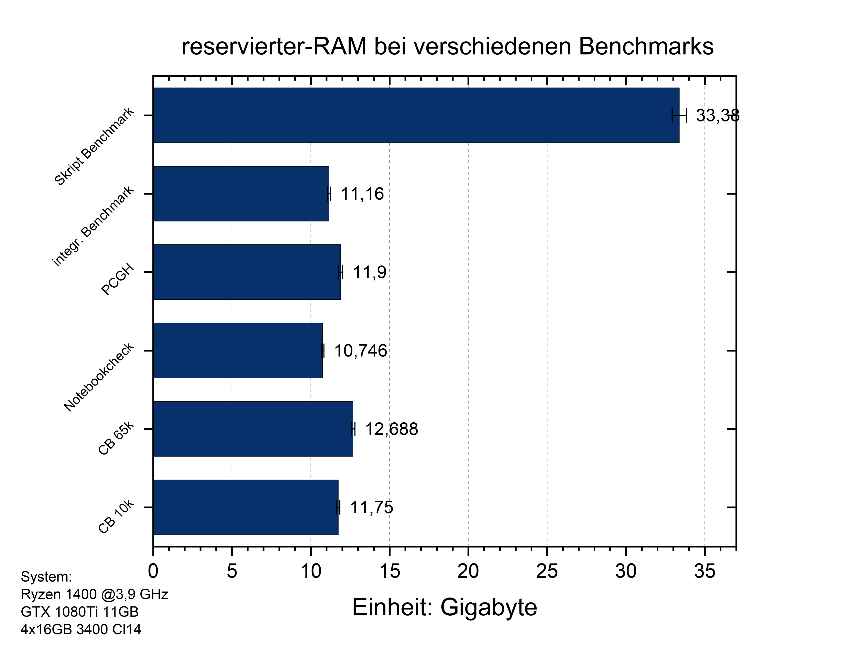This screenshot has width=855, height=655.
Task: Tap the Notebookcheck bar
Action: (x=238, y=350)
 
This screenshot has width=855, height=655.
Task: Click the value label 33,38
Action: (x=717, y=116)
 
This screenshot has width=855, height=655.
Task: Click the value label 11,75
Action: (x=371, y=508)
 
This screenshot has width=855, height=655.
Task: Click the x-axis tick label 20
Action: (x=468, y=572)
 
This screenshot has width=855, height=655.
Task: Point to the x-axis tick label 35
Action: (x=704, y=572)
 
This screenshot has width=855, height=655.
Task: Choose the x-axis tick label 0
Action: (x=153, y=572)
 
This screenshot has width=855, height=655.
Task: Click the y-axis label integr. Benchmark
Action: (x=94, y=227)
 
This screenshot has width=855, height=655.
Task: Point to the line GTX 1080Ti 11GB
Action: (x=79, y=612)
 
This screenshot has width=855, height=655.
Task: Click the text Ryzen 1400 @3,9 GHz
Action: (x=94, y=594)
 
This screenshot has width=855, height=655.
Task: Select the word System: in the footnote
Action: (x=46, y=577)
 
